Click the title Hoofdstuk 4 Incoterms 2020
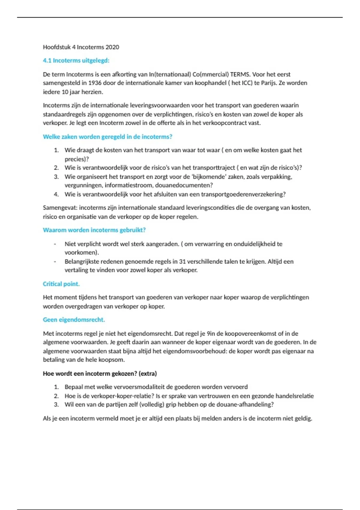(81, 47)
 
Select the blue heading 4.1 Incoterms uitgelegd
(76, 61)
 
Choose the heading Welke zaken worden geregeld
(107, 137)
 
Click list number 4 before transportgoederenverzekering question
(56, 194)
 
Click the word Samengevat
(59, 208)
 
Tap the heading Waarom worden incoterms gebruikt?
(94, 230)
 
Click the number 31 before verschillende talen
(182, 262)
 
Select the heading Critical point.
(61, 284)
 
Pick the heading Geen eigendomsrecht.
(74, 320)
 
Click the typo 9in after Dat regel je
(211, 334)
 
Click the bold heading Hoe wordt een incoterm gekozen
(100, 374)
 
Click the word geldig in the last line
(304, 418)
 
